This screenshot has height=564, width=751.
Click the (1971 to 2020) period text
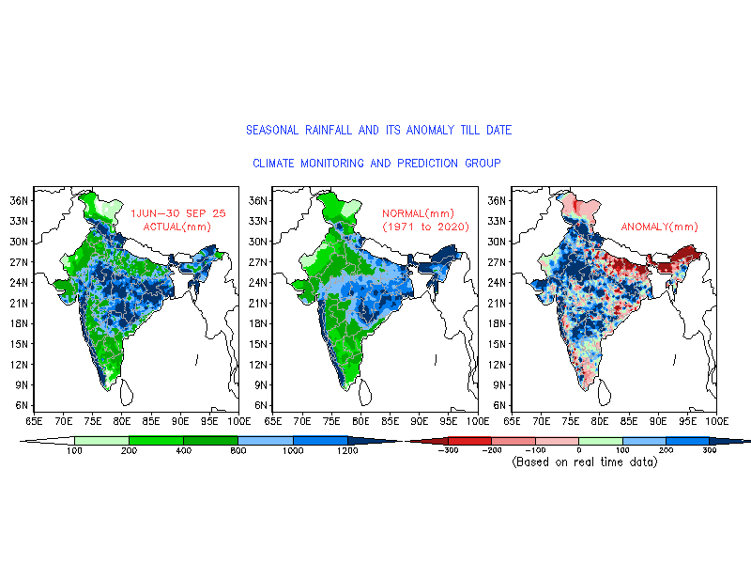[x=425, y=227]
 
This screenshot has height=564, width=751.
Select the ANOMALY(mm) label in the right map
[x=660, y=227]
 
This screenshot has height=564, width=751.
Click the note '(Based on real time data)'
[x=584, y=462]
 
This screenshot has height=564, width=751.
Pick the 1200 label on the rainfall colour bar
[x=348, y=452]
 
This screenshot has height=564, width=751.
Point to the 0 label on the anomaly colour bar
[x=578, y=452]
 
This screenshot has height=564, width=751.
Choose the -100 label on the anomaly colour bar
[x=534, y=452]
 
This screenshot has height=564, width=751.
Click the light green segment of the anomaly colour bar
[x=600, y=440]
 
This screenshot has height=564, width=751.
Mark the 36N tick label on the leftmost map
[x=21, y=200]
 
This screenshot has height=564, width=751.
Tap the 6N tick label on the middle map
[x=258, y=405]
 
